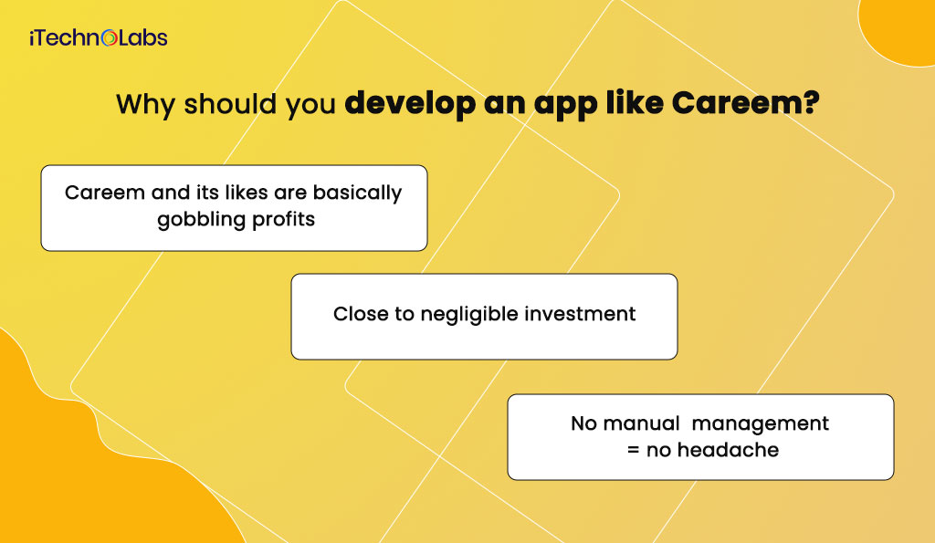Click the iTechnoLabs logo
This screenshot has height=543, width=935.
(x=99, y=38)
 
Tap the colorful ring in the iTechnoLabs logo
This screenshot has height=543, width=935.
(x=110, y=38)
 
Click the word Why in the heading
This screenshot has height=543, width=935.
(x=145, y=104)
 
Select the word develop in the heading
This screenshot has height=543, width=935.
(x=410, y=104)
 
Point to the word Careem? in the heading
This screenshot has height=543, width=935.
(x=746, y=102)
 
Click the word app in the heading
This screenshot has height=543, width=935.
(x=566, y=106)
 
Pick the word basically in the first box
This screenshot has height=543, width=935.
(x=357, y=193)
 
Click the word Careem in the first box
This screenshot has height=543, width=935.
(x=105, y=193)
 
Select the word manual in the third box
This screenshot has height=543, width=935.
(x=642, y=423)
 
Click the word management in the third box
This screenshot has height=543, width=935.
(x=761, y=424)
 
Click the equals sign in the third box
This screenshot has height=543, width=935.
(x=634, y=450)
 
